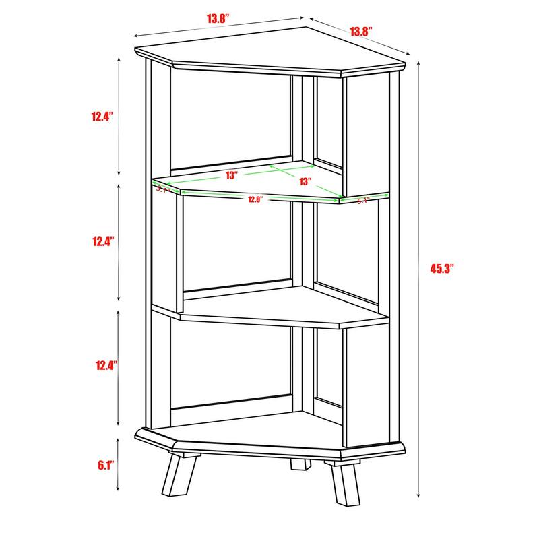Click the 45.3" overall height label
point(442,268)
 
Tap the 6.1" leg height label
point(106,465)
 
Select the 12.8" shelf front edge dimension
point(254,199)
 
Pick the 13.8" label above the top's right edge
point(361,31)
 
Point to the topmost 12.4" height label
point(102,116)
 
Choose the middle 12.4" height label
point(102,241)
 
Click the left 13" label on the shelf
point(232,175)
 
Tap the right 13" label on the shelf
point(305,181)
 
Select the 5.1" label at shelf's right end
point(363,200)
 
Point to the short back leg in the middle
point(300,464)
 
